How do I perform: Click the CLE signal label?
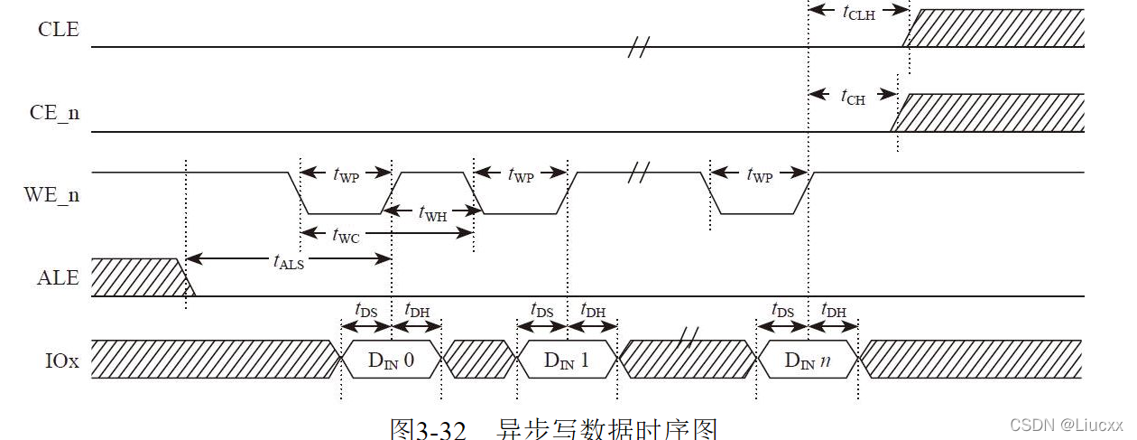58,30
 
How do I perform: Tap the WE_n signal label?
56,193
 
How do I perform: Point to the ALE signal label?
59,278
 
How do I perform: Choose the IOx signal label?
61,361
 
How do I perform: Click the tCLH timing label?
857,12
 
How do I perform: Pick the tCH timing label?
852,96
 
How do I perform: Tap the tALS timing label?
289,260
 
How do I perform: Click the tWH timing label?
433,213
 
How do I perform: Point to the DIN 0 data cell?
391,360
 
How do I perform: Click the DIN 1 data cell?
566,360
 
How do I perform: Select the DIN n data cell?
808,360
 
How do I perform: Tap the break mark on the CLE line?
638,47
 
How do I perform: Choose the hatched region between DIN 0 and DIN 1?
478,359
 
